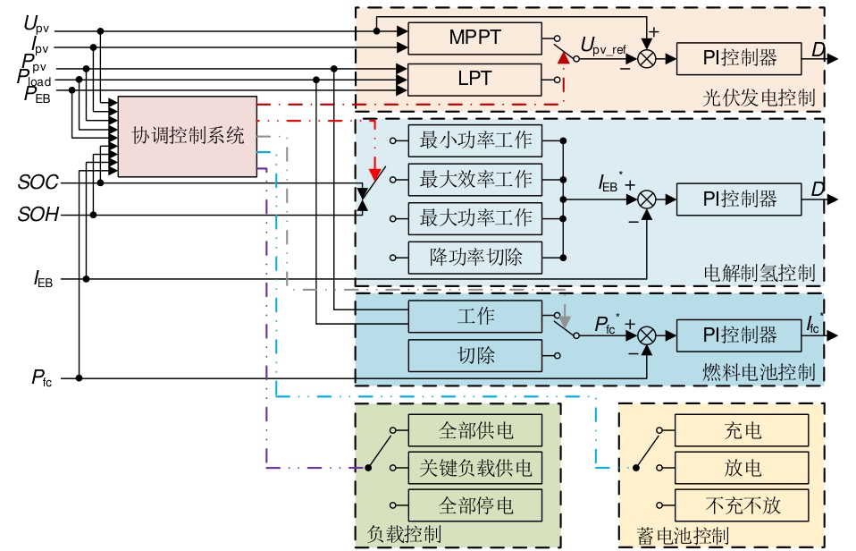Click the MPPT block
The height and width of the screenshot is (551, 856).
pos(474,38)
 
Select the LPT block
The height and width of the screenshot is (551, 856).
pos(474,79)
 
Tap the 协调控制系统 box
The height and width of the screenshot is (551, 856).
pos(188,136)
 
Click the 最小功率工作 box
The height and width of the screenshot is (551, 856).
pos(474,140)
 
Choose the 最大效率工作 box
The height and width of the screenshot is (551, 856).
pos(474,179)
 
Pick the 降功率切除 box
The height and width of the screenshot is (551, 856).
pos(474,258)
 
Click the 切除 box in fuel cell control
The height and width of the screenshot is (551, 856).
pos(474,355)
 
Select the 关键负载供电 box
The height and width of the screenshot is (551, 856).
pos(474,467)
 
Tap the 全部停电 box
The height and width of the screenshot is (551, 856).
pos(474,505)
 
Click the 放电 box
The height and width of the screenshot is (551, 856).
pos(743,467)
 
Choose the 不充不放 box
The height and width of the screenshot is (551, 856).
pos(743,505)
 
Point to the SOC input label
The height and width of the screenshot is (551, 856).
pos(38,183)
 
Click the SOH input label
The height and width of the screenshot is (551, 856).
pos(38,215)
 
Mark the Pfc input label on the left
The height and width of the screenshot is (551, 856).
pos(41,378)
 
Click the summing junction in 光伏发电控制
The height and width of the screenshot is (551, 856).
pos(645,58)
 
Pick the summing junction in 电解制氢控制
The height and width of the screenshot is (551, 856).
pos(645,199)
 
